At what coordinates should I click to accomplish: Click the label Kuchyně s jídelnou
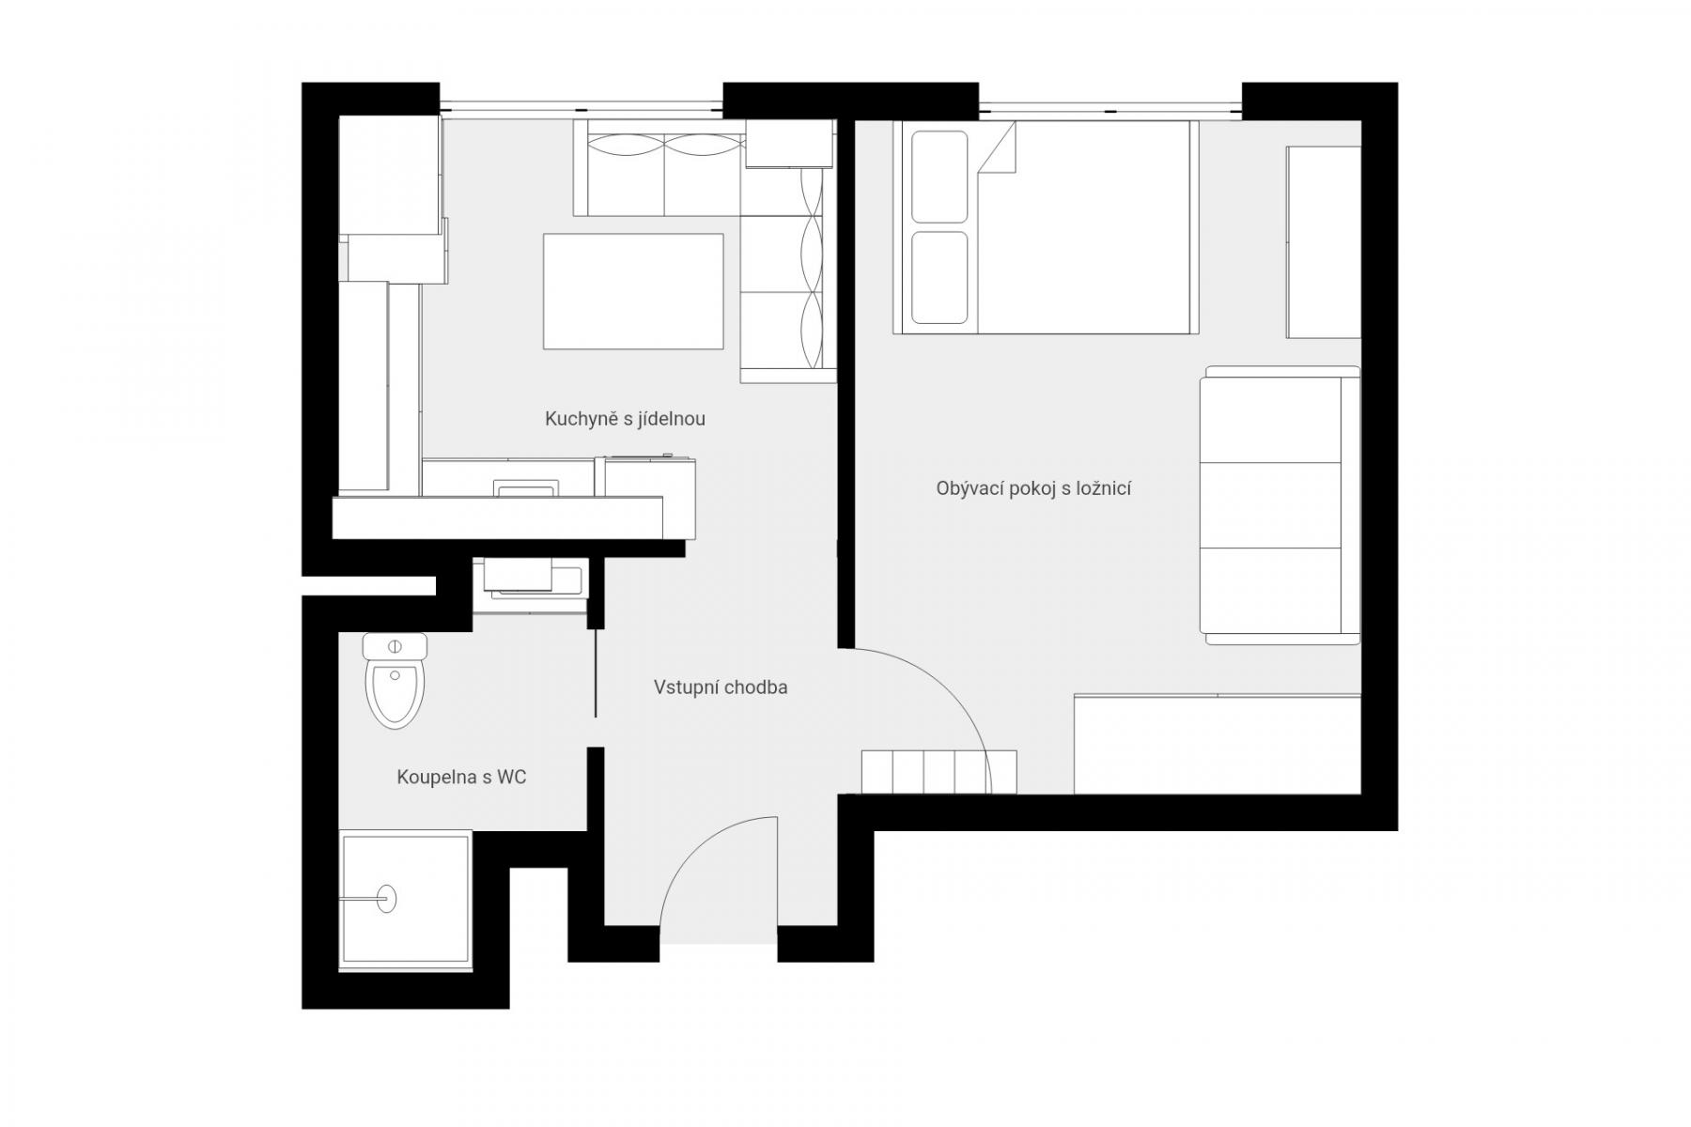[625, 419]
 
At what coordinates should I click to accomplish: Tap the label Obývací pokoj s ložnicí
[1033, 488]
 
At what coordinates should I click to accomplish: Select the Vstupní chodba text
[721, 687]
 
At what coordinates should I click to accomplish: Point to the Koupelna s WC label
[461, 778]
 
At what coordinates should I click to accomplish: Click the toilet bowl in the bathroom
[396, 694]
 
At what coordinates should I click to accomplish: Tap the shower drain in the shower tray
[387, 899]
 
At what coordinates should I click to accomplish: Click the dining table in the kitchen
[633, 291]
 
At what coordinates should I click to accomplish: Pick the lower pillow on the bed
[939, 277]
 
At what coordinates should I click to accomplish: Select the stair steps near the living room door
[939, 772]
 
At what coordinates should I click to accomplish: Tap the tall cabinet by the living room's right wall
[1324, 242]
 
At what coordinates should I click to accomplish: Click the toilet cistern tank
[395, 646]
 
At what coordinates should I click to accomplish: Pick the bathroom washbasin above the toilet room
[531, 578]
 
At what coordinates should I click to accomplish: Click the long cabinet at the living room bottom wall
[1218, 744]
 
